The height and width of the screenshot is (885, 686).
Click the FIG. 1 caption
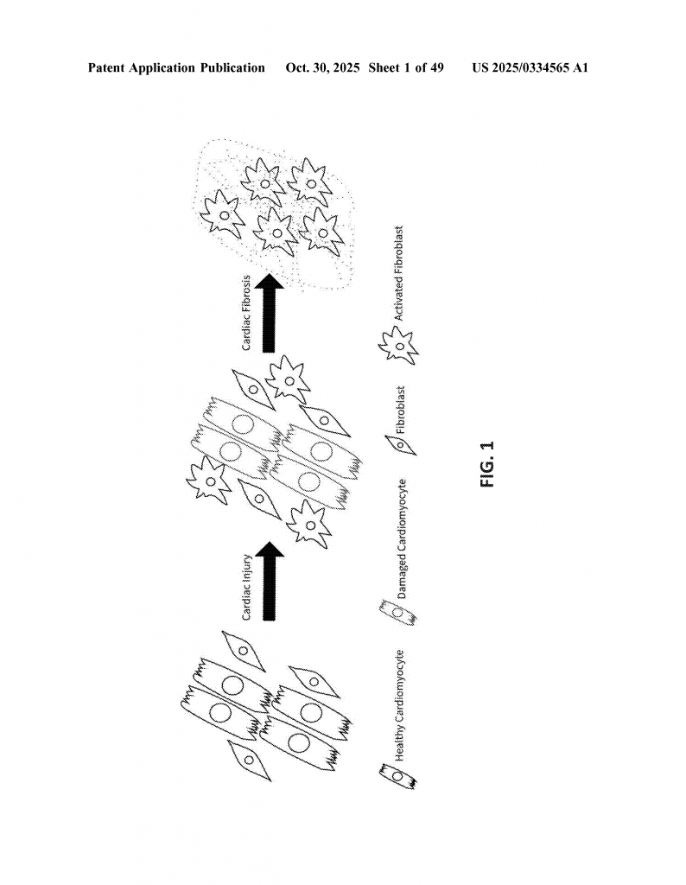(487, 464)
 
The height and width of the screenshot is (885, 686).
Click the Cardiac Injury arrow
(270, 581)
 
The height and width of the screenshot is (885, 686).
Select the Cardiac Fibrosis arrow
(270, 313)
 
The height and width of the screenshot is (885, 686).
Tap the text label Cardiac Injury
(246, 588)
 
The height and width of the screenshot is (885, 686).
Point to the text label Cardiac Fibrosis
(246, 313)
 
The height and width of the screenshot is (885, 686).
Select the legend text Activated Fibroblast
(399, 274)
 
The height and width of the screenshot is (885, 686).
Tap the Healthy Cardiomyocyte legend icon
(398, 777)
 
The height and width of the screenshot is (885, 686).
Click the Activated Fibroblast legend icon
(399, 344)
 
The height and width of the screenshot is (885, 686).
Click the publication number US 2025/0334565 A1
(530, 68)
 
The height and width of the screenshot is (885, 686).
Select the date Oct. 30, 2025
(322, 68)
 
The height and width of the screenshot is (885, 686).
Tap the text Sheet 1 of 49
(406, 68)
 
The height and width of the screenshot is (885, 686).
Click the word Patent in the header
(106, 68)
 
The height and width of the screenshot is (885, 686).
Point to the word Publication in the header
(232, 68)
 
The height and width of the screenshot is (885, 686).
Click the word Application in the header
(162, 68)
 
